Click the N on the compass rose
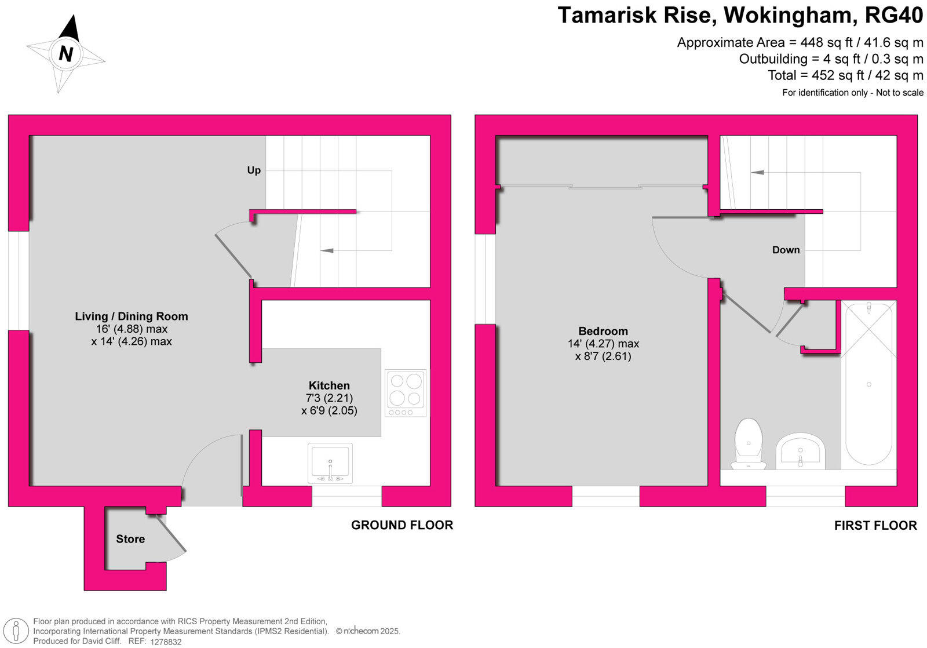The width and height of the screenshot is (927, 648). point(66,53)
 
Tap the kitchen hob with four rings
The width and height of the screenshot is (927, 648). point(406,392)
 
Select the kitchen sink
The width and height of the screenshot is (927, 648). point(330,463)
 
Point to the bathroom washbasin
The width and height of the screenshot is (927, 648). point(800,452)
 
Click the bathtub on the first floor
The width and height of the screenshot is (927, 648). point(868,384)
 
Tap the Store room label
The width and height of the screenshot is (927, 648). point(130,539)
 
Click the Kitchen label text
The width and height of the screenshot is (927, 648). point(329,385)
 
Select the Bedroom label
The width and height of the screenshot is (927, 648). point(603,331)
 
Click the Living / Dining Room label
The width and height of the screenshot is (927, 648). point(132,316)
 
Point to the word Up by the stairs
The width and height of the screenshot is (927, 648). point(254,170)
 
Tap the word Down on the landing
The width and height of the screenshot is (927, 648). point(786,250)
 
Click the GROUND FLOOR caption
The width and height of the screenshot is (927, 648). point(402,525)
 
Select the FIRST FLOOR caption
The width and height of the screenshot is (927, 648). point(875,526)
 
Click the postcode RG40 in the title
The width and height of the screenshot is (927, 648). point(894,16)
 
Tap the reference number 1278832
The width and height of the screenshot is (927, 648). point(166,642)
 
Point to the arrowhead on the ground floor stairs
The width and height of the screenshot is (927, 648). point(327,250)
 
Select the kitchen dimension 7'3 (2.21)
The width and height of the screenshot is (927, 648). point(329,398)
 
